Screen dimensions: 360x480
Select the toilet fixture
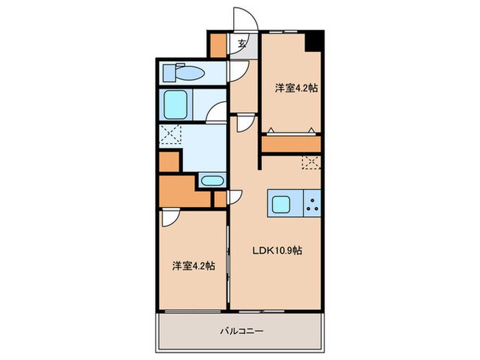(x=182, y=72)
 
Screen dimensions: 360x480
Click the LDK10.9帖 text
(x=275, y=251)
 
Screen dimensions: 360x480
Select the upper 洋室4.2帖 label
(x=296, y=88)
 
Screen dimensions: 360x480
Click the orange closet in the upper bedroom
(x=291, y=144)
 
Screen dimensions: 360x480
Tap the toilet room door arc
(x=237, y=71)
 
